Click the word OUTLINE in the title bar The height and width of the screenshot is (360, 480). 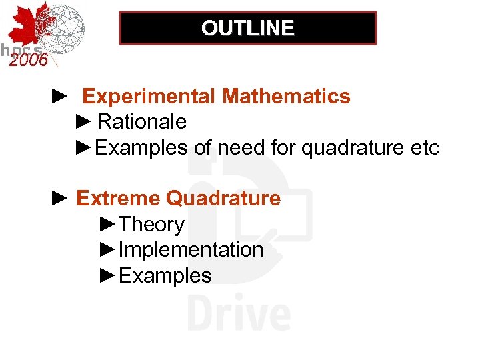tap(247, 28)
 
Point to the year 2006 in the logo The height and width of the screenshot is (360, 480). tap(28, 60)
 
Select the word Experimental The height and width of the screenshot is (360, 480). tap(149, 97)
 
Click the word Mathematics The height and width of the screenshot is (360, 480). tap(287, 97)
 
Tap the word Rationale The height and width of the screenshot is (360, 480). tap(142, 122)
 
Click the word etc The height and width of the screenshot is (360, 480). tap(422, 148)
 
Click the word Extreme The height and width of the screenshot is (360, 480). tap(118, 199)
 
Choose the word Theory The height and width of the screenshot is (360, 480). tap(151, 225)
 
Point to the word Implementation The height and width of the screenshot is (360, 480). tap(191, 250)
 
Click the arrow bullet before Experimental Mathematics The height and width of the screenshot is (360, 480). tap(59, 97)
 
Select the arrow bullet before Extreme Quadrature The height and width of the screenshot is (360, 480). tap(59, 199)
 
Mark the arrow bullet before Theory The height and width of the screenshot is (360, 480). tap(107, 225)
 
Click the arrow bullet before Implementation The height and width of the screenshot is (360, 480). tap(107, 250)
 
